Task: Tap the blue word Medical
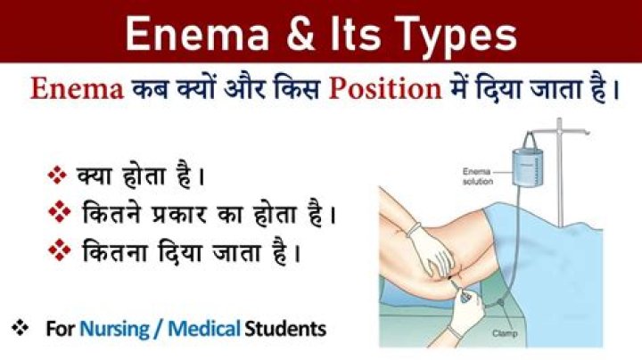tap(207, 329)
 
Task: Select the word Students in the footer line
tap(284, 329)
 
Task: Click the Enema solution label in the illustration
tap(475, 174)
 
